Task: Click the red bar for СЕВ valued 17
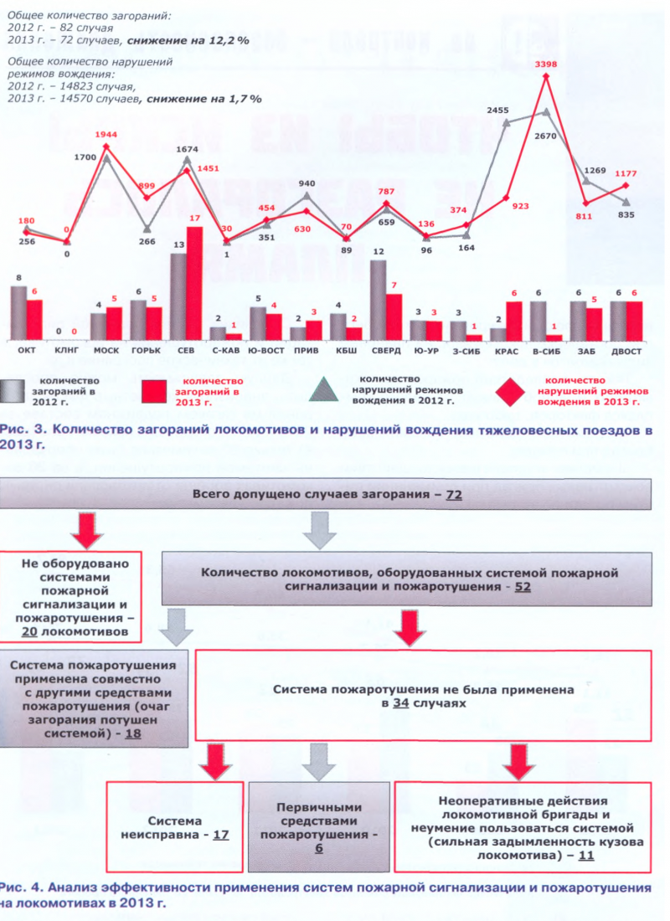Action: click(194, 282)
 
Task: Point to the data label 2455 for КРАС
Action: click(498, 110)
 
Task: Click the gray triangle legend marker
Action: click(330, 391)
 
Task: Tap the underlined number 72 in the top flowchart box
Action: click(454, 495)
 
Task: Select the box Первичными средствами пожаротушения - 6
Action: click(319, 827)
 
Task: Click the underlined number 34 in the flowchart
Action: click(400, 704)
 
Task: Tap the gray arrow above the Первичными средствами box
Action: click(319, 761)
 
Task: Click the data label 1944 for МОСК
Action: click(106, 134)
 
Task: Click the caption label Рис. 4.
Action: click(18, 886)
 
